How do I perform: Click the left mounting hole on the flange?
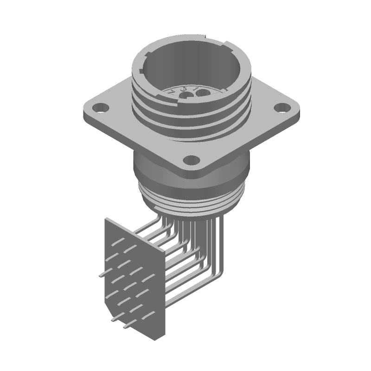pyautogui.click(x=99, y=109)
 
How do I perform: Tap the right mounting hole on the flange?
pyautogui.click(x=280, y=108)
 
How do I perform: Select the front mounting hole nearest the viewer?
pyautogui.click(x=190, y=160)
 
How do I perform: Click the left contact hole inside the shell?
pyautogui.click(x=186, y=96)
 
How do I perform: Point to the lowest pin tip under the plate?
pyautogui.click(x=124, y=330)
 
